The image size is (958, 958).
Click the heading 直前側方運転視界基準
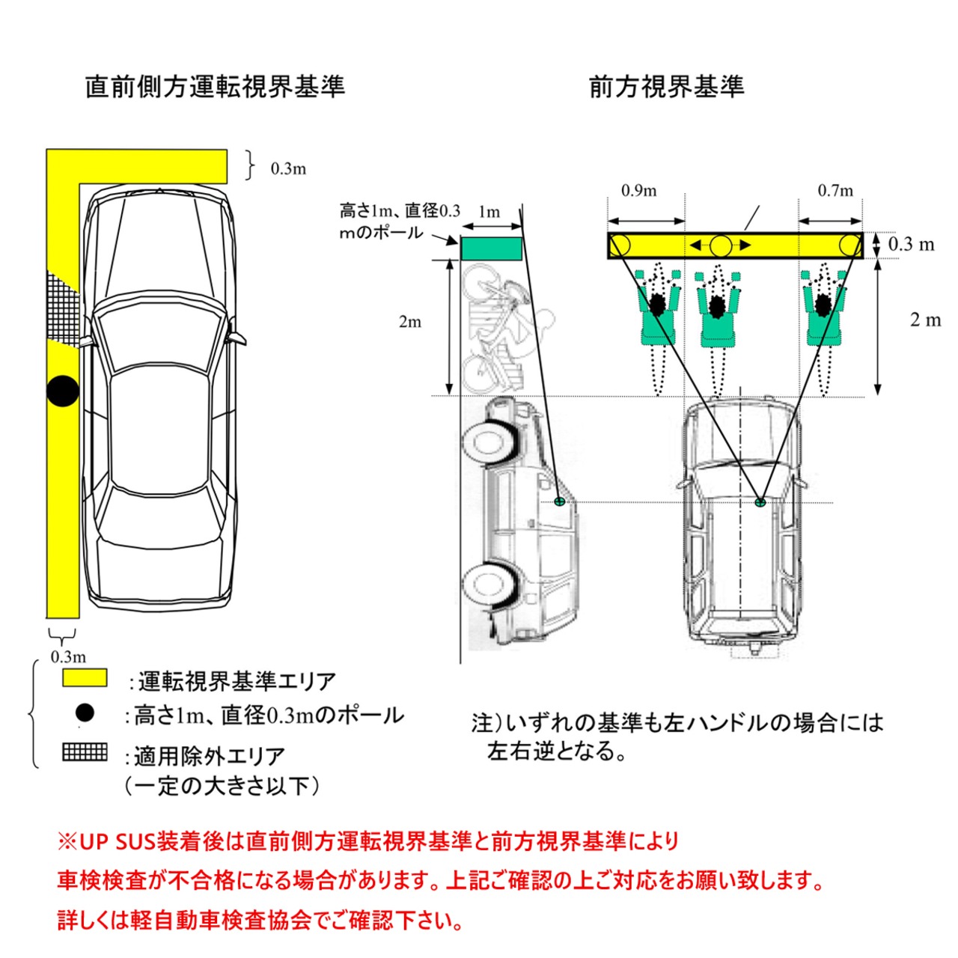coord(215,88)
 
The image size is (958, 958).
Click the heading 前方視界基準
coord(666,88)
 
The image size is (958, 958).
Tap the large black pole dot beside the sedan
coord(63,391)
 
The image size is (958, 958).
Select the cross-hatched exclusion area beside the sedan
coord(63,308)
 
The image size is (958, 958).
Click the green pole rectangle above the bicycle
coord(491,248)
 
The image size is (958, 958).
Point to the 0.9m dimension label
coord(639,190)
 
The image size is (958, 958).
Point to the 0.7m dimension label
coord(835,190)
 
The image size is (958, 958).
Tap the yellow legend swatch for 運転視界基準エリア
coord(85,677)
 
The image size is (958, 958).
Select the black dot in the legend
coord(85,713)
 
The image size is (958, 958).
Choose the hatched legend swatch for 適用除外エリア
coord(85,752)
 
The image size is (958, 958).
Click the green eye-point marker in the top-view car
coord(759,502)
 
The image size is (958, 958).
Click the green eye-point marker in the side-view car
coord(560,501)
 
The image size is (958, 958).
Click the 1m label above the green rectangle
coord(489,213)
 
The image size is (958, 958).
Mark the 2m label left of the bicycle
coord(410,322)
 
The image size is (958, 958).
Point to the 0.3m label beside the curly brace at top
coord(288,169)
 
